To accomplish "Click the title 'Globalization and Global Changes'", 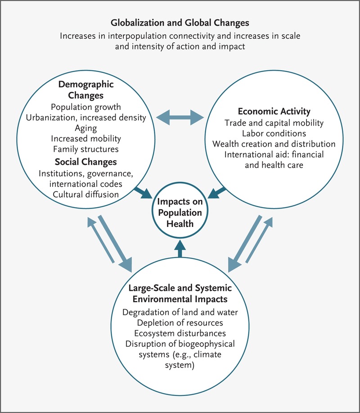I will coord(180,23).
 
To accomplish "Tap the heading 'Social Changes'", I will coord(85,162).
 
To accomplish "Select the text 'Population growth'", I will coord(85,108).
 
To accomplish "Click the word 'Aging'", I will coord(85,128).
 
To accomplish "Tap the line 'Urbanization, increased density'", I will coord(85,118).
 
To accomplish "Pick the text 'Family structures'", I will coord(85,149).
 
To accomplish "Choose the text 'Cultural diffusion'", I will coord(85,194).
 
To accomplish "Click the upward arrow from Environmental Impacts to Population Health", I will coord(180,248).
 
